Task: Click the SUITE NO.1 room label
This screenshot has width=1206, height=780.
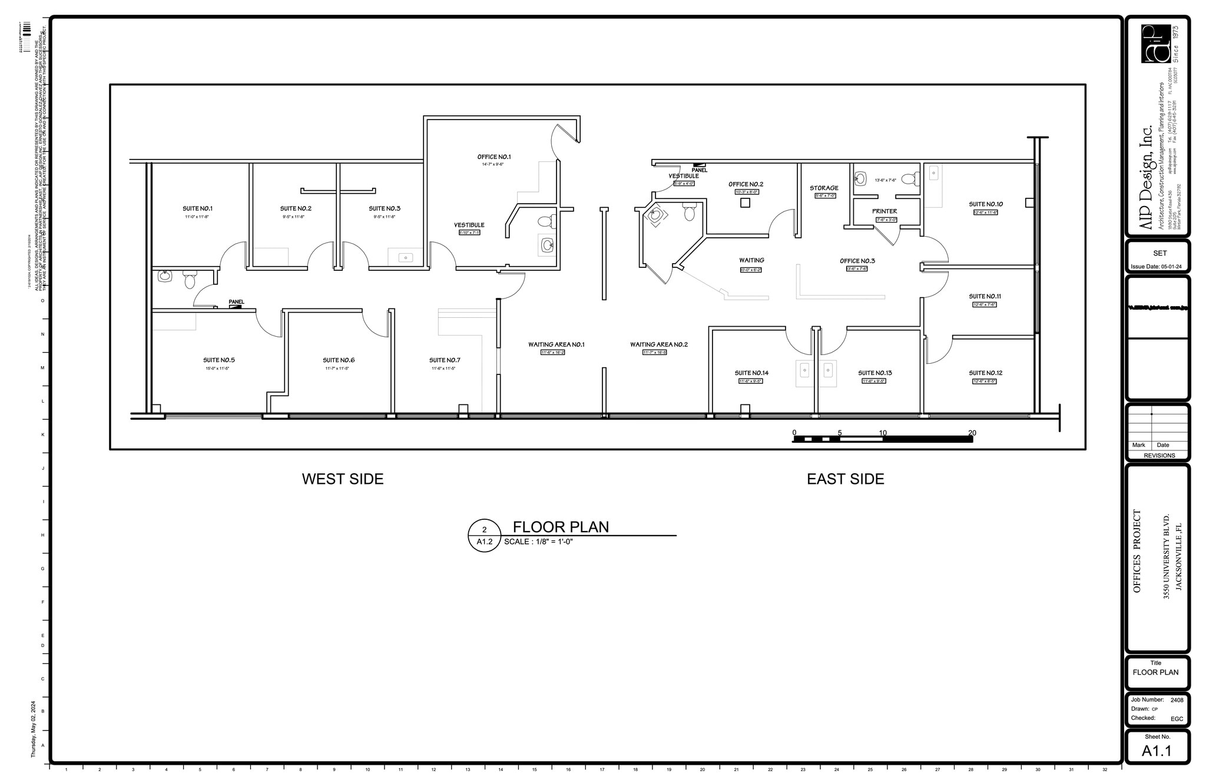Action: coord(197,208)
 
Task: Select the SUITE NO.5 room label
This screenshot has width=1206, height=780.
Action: coord(219,360)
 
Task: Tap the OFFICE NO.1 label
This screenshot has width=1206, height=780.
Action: coord(494,157)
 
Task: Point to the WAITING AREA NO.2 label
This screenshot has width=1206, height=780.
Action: coord(658,344)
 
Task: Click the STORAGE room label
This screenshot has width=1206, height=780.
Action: coord(824,188)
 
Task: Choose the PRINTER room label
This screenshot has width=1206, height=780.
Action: coord(884,211)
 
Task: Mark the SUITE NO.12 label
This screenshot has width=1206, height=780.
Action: coord(986,373)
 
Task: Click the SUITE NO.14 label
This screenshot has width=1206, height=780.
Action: coord(751,373)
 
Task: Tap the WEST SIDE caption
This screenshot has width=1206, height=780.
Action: coord(343,479)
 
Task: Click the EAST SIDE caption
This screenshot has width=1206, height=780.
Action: coord(845,479)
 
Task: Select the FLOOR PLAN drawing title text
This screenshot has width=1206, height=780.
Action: coord(561,527)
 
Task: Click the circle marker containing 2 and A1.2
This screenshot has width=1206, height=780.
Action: coord(484,536)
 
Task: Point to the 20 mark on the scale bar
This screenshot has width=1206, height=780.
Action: coord(972,433)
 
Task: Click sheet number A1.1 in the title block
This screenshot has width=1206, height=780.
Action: coord(1157,751)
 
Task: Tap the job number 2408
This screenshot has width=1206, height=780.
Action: coord(1177,700)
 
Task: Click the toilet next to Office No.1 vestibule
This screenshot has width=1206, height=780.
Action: coord(545,222)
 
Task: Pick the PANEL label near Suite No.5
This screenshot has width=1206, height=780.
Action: coord(236,302)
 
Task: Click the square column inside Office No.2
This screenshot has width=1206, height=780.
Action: coord(745,203)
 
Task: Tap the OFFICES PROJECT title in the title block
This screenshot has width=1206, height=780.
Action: coord(1137,550)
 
